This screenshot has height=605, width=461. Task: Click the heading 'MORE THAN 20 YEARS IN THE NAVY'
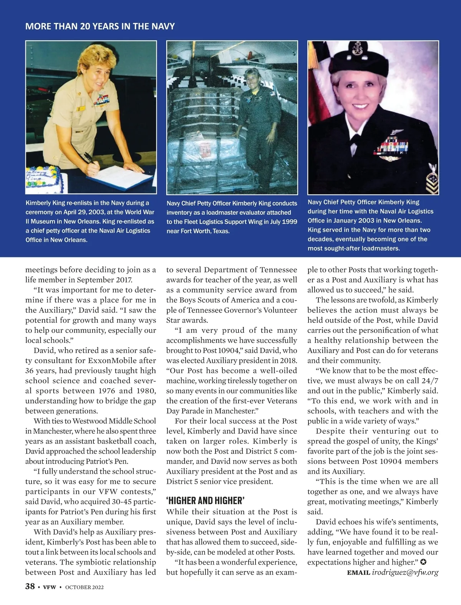pos(100,27)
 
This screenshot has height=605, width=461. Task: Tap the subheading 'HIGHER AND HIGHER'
pos(206,500)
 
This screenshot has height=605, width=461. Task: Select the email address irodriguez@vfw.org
pos(405,572)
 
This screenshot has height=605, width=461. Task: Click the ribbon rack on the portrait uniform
pos(392,147)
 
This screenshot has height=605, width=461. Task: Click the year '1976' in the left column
pos(106,391)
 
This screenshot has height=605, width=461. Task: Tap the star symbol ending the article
pos(423,562)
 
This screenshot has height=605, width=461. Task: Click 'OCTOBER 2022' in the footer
pos(84,587)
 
